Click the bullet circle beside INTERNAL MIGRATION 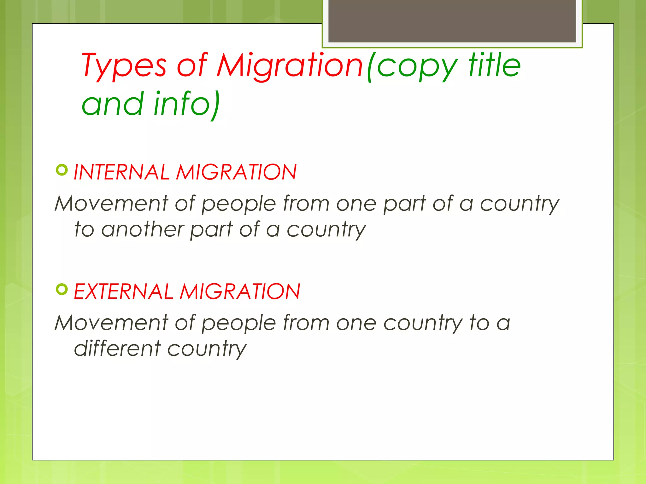(62, 170)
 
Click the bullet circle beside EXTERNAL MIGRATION (62, 289)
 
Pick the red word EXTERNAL (123, 291)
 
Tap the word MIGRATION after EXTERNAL (240, 291)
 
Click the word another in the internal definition (143, 229)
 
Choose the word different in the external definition (117, 349)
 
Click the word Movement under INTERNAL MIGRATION (111, 203)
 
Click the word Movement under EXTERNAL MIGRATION (111, 323)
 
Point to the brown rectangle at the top (452, 21)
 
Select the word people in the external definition (239, 323)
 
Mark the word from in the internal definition (306, 203)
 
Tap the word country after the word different (207, 349)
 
